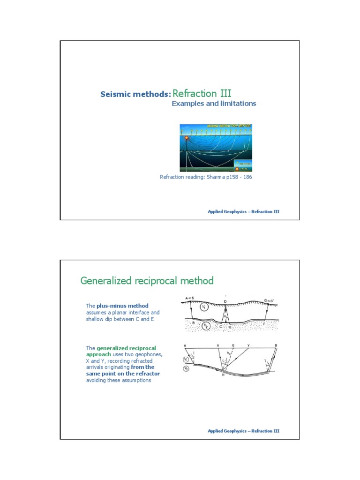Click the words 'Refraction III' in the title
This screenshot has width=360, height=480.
tap(202, 93)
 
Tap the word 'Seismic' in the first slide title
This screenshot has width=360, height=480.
tap(115, 95)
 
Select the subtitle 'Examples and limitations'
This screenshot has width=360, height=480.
tap(214, 104)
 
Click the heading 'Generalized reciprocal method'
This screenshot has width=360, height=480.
tap(147, 281)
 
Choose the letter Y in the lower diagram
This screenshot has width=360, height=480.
tap(248, 345)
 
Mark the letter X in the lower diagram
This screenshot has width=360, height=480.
tap(218, 345)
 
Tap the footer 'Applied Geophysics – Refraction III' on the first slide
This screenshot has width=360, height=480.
tap(243, 212)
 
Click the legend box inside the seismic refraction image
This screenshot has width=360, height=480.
tap(243, 165)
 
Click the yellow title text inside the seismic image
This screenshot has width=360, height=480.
tap(229, 127)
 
